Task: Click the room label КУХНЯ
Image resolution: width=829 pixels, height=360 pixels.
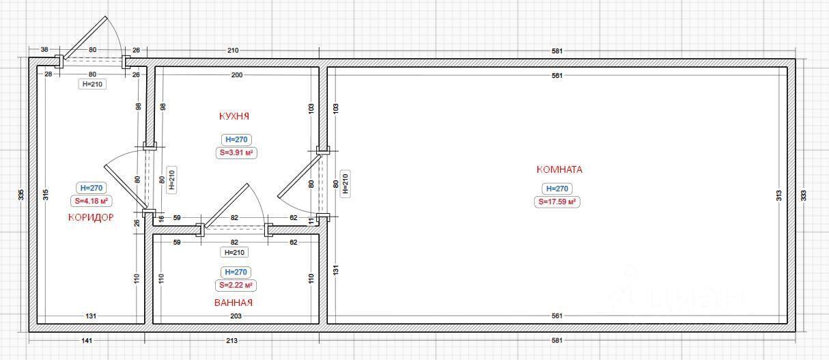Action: click(234, 116)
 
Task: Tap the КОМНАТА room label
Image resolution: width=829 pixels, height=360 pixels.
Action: click(559, 169)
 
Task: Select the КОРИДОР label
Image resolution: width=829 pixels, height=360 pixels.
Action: click(91, 217)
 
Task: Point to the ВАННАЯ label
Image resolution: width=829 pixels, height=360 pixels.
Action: click(234, 303)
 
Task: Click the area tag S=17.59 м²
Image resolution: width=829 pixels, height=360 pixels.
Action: click(557, 202)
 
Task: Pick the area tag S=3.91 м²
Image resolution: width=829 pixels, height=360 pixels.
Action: click(236, 152)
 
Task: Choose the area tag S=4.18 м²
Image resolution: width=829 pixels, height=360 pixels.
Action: click(91, 201)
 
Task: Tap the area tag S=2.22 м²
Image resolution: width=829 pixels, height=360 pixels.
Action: click(236, 285)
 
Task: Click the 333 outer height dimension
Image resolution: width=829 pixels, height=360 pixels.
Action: click(804, 195)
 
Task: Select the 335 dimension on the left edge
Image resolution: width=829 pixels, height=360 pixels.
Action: click(21, 195)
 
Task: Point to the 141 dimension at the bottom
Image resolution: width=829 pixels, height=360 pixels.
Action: click(87, 340)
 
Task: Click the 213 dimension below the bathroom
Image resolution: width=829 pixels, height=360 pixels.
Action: click(231, 340)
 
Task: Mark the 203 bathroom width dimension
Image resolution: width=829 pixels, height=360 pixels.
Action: click(236, 316)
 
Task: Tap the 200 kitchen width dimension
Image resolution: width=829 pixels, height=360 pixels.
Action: click(237, 75)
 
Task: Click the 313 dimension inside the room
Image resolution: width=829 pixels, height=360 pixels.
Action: click(778, 195)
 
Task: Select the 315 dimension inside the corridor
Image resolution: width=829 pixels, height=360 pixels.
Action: click(46, 195)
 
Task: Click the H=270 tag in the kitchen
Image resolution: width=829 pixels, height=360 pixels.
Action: click(236, 139)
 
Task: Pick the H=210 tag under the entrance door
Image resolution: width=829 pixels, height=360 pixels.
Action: click(92, 84)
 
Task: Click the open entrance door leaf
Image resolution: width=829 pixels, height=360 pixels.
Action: click(85, 38)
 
